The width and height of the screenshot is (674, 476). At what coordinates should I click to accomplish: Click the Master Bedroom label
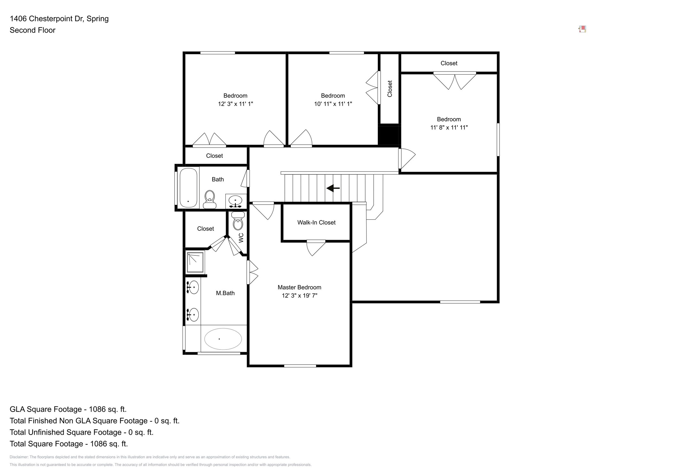(x=299, y=287)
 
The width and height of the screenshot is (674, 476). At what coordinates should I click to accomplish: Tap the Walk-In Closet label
(x=316, y=223)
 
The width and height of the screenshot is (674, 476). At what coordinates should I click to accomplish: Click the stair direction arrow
(x=333, y=188)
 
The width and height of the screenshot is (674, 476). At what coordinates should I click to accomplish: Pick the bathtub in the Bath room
(x=188, y=188)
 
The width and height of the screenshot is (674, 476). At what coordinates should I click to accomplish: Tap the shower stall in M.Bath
(x=195, y=262)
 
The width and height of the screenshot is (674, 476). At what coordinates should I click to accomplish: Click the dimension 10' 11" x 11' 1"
(x=333, y=104)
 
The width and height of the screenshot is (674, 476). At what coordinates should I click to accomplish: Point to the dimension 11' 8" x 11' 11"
(x=449, y=127)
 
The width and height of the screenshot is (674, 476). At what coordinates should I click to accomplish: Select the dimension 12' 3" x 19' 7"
(x=299, y=296)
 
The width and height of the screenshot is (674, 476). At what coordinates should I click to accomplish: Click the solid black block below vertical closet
(x=389, y=135)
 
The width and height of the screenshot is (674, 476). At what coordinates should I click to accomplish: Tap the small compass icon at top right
(x=582, y=29)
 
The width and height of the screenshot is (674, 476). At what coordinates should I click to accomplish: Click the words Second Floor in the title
(x=33, y=30)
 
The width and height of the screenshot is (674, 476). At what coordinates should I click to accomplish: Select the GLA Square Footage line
(x=68, y=409)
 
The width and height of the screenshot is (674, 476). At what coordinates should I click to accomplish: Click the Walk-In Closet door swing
(x=315, y=248)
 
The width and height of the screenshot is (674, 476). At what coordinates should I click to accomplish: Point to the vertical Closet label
(x=390, y=89)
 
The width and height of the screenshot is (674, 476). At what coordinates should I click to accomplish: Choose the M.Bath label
(x=225, y=293)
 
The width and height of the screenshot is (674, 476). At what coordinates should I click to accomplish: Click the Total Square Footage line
(x=69, y=444)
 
